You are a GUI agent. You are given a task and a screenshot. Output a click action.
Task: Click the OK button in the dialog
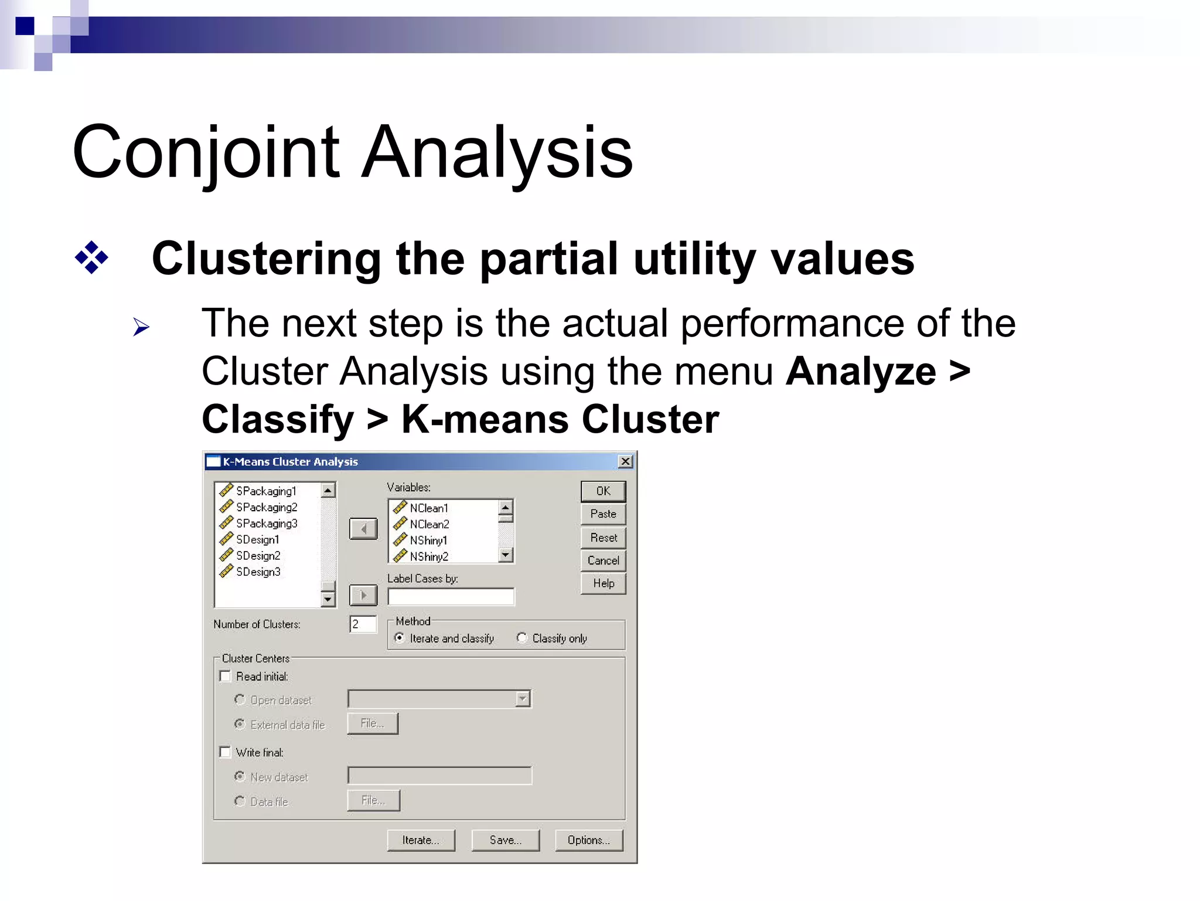click(603, 491)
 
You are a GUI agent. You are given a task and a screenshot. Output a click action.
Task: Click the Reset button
click(603, 538)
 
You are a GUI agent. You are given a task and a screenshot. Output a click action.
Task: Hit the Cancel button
click(603, 560)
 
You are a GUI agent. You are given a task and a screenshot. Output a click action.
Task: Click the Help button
click(603, 583)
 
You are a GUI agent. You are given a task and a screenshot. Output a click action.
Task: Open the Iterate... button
click(421, 840)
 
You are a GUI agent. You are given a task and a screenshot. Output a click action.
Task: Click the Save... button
click(505, 840)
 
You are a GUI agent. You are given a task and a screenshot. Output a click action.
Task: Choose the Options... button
click(588, 840)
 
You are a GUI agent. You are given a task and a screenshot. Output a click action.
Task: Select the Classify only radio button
click(521, 638)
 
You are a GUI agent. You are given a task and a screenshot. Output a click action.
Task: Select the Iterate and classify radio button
click(400, 638)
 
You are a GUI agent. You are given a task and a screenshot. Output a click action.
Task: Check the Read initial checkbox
click(226, 676)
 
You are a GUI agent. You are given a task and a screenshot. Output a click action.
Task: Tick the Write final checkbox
click(226, 752)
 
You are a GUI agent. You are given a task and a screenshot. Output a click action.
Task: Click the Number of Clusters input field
click(363, 624)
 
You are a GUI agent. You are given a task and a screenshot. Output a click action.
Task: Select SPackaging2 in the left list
click(267, 508)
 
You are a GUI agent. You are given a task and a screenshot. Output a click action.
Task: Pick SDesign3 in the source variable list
click(258, 572)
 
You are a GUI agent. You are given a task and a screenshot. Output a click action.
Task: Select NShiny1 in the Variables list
click(428, 540)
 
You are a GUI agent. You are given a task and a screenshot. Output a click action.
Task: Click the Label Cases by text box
click(451, 597)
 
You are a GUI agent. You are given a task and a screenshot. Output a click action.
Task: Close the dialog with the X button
click(625, 462)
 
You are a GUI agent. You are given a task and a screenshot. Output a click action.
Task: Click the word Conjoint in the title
click(206, 152)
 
